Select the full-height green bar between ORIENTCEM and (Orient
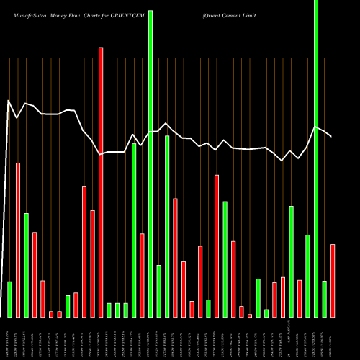(150, 158)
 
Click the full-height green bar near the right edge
(316, 158)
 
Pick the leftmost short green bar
(9, 299)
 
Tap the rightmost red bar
(333, 281)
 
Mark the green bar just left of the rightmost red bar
(325, 299)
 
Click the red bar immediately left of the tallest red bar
(92, 264)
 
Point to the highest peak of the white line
(8, 100)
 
